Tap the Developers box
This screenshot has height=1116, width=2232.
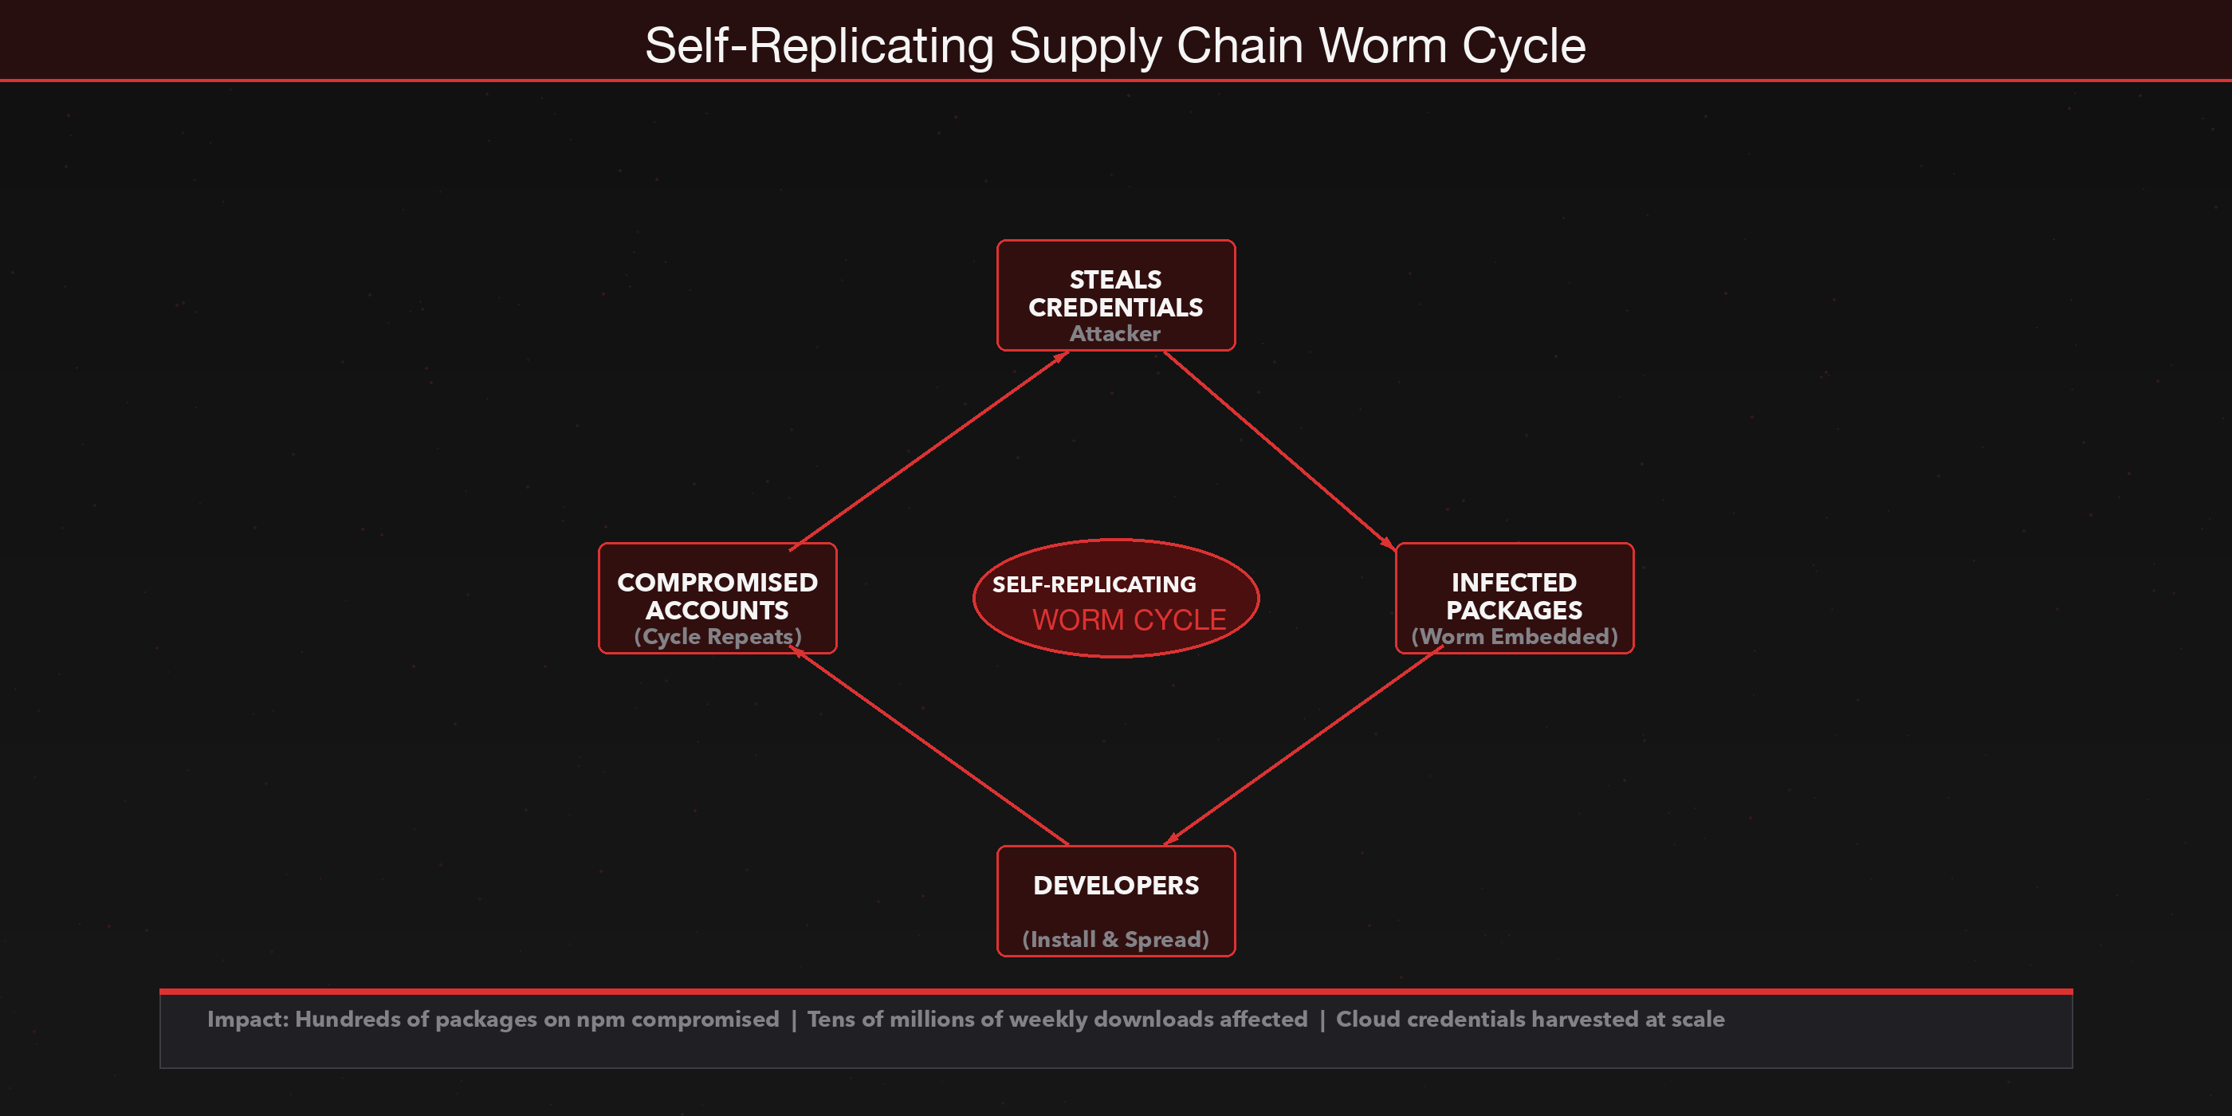(1116, 901)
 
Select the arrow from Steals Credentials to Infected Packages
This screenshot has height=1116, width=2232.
(1278, 450)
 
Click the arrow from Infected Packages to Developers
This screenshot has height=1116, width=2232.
(1304, 745)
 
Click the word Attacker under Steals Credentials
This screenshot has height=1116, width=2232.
(1115, 333)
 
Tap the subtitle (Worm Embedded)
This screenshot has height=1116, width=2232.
(1514, 637)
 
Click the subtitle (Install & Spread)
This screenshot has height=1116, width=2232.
(1115, 939)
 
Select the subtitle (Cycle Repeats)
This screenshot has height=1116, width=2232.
(717, 637)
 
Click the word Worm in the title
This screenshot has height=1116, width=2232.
(1383, 45)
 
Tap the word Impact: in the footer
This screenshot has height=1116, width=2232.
(248, 1019)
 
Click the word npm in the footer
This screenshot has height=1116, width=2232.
(600, 1020)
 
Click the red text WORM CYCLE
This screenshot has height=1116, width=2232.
(1129, 620)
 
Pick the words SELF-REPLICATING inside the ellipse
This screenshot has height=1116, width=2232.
(1094, 585)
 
